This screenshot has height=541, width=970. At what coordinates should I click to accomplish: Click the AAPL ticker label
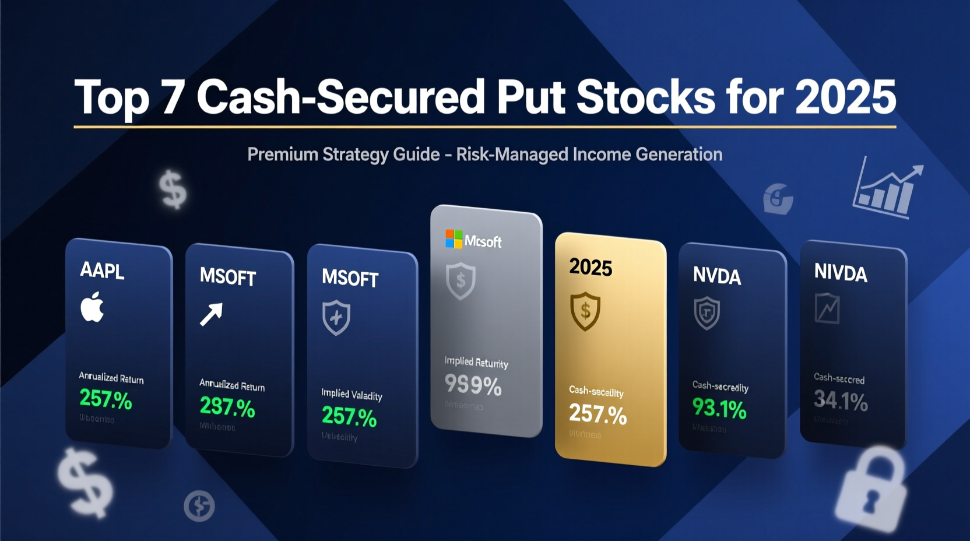(102, 270)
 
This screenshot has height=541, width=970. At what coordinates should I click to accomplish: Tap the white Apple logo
(92, 307)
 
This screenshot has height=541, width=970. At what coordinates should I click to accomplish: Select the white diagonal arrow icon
(211, 314)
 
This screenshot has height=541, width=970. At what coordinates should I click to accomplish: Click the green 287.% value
(227, 406)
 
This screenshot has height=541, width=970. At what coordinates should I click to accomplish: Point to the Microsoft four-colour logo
(454, 238)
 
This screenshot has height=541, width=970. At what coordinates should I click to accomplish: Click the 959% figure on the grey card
(473, 385)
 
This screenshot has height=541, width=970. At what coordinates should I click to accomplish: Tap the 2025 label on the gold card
(591, 267)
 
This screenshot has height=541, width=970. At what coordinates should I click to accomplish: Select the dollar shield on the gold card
(585, 311)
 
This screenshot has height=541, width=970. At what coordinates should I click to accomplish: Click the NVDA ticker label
(716, 276)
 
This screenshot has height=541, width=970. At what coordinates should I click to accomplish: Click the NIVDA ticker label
(841, 272)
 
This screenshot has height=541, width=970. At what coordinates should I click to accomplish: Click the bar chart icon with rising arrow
(887, 188)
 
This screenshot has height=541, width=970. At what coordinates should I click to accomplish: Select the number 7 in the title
(173, 97)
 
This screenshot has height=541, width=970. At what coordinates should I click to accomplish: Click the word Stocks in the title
(645, 97)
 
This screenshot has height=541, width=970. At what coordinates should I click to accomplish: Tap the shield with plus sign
(336, 318)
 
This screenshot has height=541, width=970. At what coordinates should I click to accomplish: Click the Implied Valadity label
(352, 395)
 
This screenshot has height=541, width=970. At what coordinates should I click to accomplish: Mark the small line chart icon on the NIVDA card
(827, 308)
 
